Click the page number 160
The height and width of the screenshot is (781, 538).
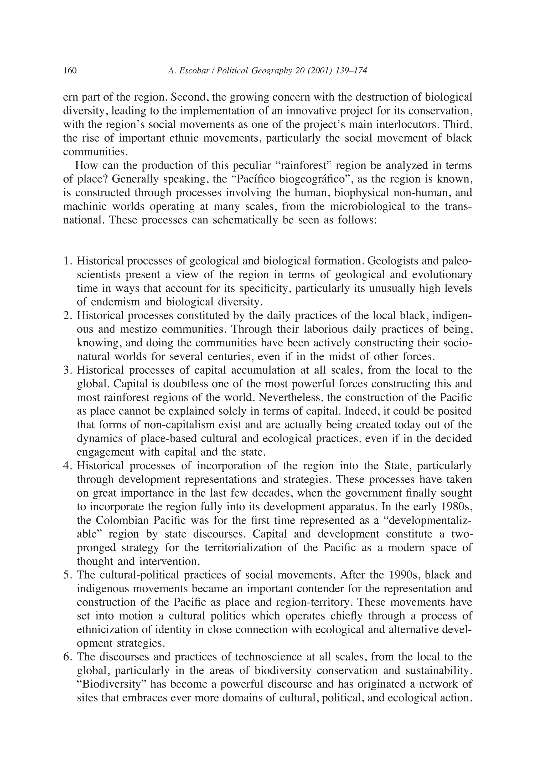click(x=70, y=71)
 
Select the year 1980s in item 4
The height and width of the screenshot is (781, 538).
click(x=456, y=507)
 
